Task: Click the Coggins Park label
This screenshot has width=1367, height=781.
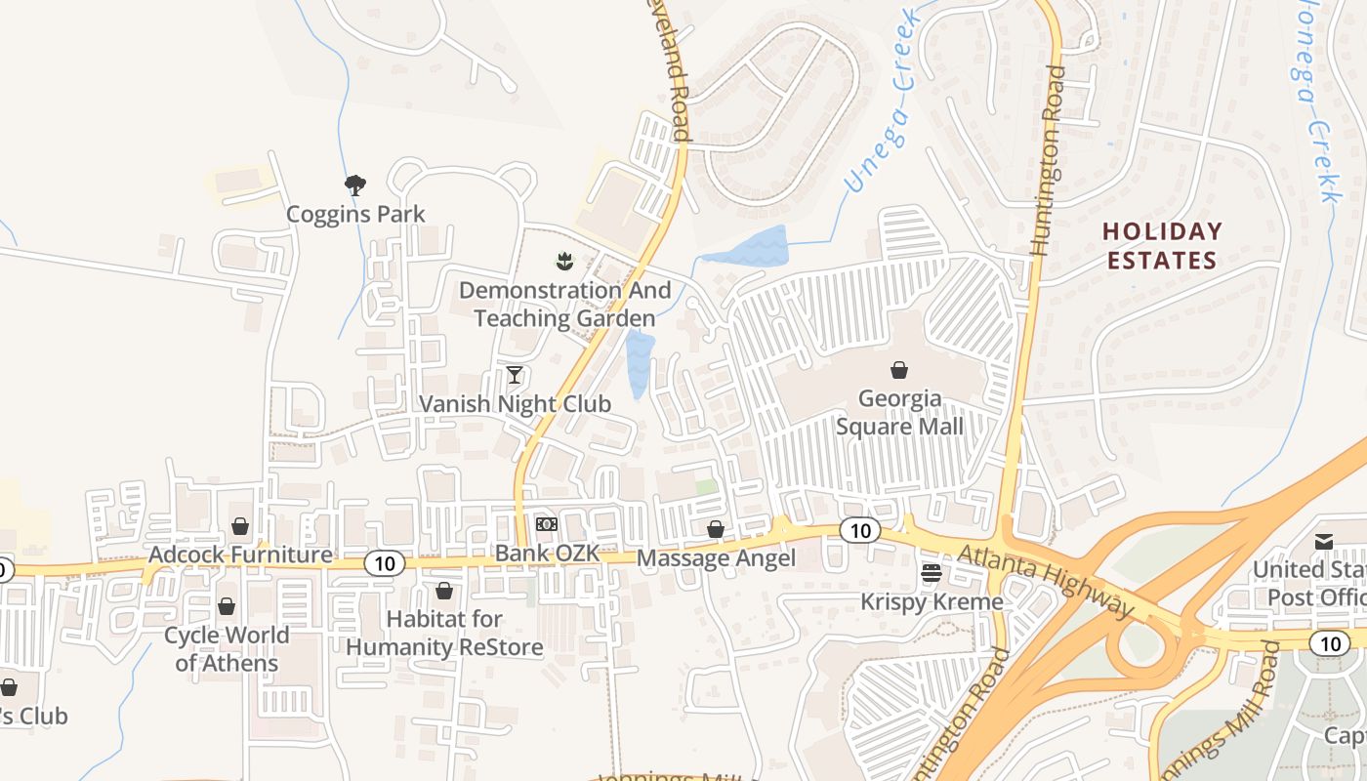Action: click(354, 214)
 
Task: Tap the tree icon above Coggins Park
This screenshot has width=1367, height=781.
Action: click(354, 184)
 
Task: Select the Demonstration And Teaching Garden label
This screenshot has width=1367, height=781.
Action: click(564, 305)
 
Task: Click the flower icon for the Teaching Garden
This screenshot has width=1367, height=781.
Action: click(563, 261)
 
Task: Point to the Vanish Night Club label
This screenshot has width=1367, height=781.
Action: click(515, 404)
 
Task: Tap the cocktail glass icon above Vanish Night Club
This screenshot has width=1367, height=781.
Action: click(515, 375)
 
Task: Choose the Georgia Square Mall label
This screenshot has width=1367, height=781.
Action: click(899, 413)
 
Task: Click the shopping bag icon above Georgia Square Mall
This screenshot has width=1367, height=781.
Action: click(899, 370)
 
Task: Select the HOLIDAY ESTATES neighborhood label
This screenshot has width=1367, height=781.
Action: click(1162, 246)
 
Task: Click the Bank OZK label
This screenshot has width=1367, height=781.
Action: click(547, 554)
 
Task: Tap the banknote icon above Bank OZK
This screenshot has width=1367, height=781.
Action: click(547, 524)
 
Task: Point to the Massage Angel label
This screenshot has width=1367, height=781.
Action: click(716, 558)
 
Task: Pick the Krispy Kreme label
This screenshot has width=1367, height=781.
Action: click(932, 601)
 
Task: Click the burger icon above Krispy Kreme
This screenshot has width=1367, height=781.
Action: click(932, 572)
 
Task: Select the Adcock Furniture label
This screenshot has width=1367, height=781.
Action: click(240, 555)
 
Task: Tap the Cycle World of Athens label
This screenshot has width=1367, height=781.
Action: click(227, 649)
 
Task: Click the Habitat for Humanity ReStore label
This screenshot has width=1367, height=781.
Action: click(444, 633)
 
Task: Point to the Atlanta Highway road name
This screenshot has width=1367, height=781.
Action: click(1046, 581)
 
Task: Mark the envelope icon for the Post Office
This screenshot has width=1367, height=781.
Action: click(1324, 542)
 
